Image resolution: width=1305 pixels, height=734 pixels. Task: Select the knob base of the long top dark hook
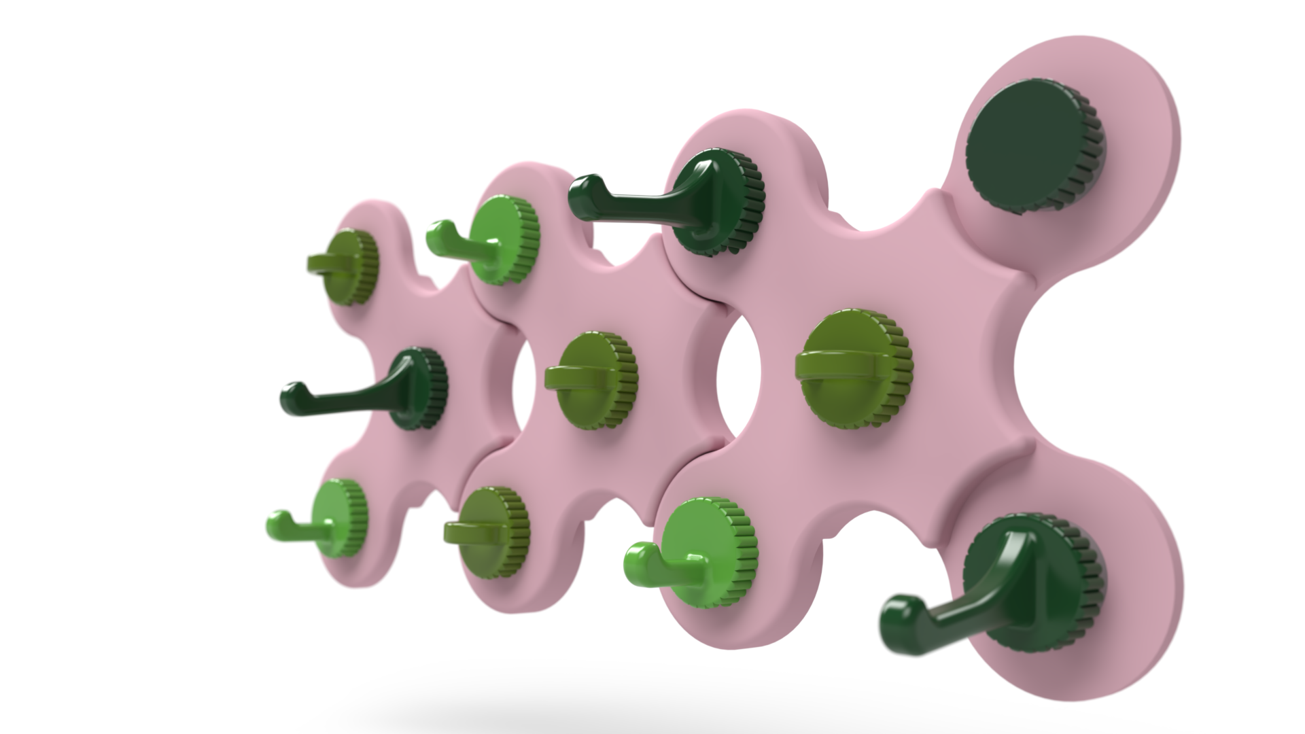(720, 204)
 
